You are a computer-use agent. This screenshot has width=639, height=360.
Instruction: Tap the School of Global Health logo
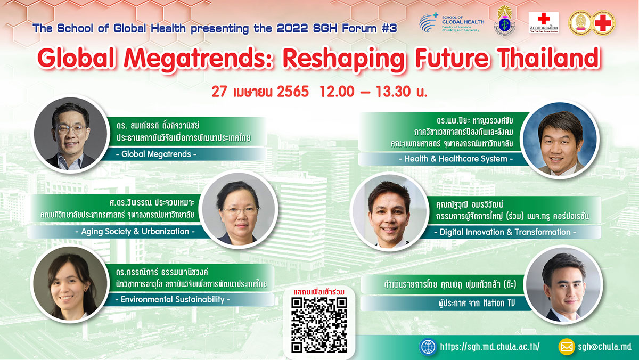point(452,22)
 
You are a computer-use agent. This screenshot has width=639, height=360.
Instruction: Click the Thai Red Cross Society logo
point(544,22)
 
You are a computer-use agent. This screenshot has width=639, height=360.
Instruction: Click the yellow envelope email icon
point(567,347)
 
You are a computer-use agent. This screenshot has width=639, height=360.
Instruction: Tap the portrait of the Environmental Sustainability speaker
point(68,288)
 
